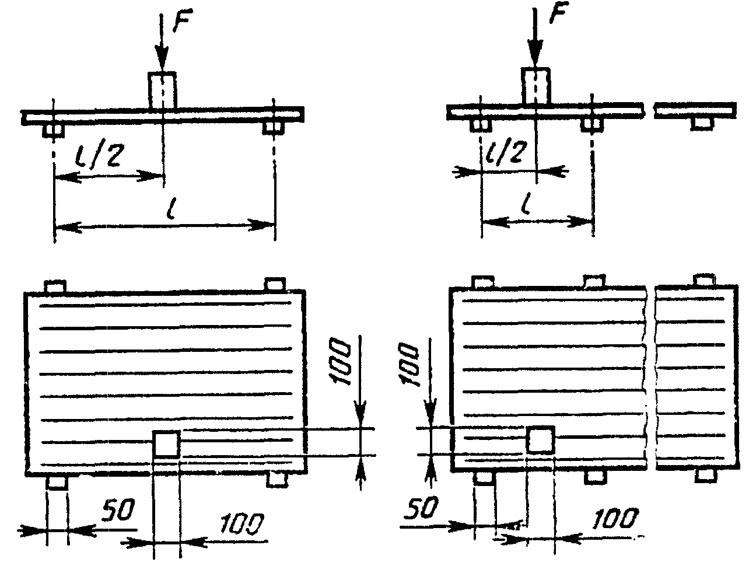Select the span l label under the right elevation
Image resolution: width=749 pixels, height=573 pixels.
(x=527, y=202)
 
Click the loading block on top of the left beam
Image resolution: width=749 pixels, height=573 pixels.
(x=162, y=90)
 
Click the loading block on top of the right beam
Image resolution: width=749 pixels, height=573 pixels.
(x=535, y=86)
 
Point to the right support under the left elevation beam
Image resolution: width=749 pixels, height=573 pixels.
(x=274, y=128)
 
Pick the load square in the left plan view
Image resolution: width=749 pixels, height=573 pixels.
(x=166, y=443)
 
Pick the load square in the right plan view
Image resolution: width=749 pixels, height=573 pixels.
(x=541, y=440)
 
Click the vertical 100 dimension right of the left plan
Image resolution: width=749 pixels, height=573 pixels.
(x=339, y=362)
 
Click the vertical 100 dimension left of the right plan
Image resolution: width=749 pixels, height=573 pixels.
(x=408, y=366)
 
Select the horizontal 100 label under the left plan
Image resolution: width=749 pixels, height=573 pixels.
(x=242, y=523)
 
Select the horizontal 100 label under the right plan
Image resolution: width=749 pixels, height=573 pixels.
(x=615, y=518)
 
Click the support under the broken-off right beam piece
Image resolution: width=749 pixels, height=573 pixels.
(x=702, y=124)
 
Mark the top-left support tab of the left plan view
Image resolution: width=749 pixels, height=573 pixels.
(x=55, y=286)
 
